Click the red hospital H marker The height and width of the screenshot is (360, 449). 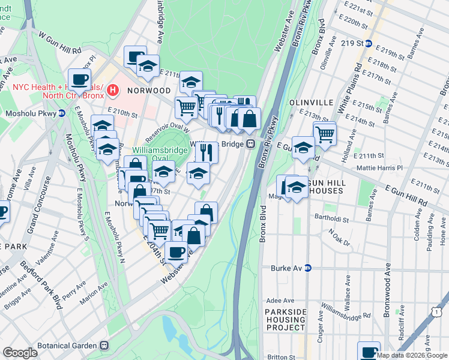(x=111, y=91)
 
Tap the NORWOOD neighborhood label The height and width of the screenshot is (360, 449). (x=149, y=91)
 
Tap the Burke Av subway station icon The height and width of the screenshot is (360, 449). (x=308, y=268)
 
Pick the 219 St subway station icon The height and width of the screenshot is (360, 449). (x=369, y=43)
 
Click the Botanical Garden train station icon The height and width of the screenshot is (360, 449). (x=104, y=345)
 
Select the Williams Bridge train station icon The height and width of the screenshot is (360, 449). (x=250, y=144)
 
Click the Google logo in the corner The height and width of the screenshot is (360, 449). (x=20, y=352)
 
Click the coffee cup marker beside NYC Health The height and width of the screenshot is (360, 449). (x=79, y=79)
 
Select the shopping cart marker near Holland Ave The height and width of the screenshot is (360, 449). (x=325, y=133)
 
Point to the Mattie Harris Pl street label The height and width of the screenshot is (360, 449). (x=379, y=169)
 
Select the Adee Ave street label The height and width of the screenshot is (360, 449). (x=280, y=301)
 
